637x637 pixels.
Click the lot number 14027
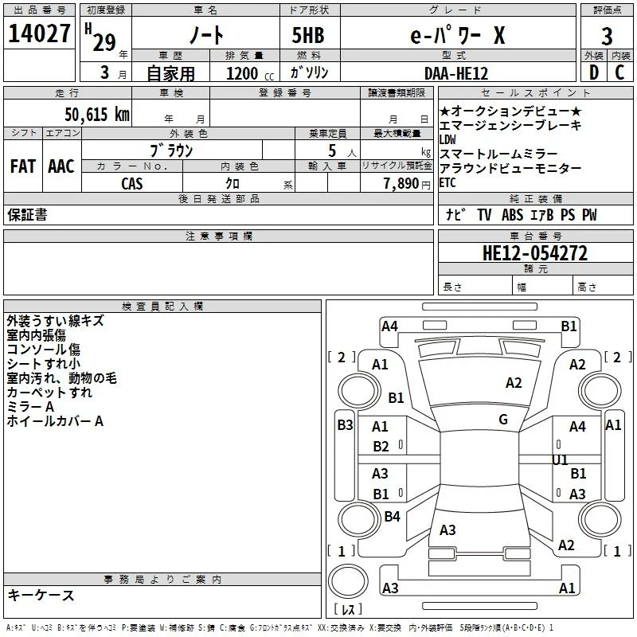(39, 33)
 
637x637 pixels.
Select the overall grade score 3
(607, 37)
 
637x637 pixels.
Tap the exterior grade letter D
(594, 72)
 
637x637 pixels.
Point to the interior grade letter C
(619, 72)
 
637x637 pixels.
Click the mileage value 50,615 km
(97, 115)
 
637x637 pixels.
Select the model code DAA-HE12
(456, 73)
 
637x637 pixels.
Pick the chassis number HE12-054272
(535, 253)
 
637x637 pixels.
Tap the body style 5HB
(308, 35)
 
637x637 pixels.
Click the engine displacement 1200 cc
(250, 73)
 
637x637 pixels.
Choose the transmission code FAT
(23, 166)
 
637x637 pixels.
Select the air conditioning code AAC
(61, 166)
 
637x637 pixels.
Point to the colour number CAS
(132, 184)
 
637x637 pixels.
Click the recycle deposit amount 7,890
(401, 184)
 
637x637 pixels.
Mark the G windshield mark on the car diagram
(503, 420)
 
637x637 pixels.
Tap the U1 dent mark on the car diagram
(560, 460)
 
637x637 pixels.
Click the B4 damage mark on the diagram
(392, 516)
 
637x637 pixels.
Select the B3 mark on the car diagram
(345, 425)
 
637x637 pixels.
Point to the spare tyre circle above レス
(348, 581)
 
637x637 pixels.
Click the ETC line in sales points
(447, 183)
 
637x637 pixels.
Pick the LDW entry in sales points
(447, 140)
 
